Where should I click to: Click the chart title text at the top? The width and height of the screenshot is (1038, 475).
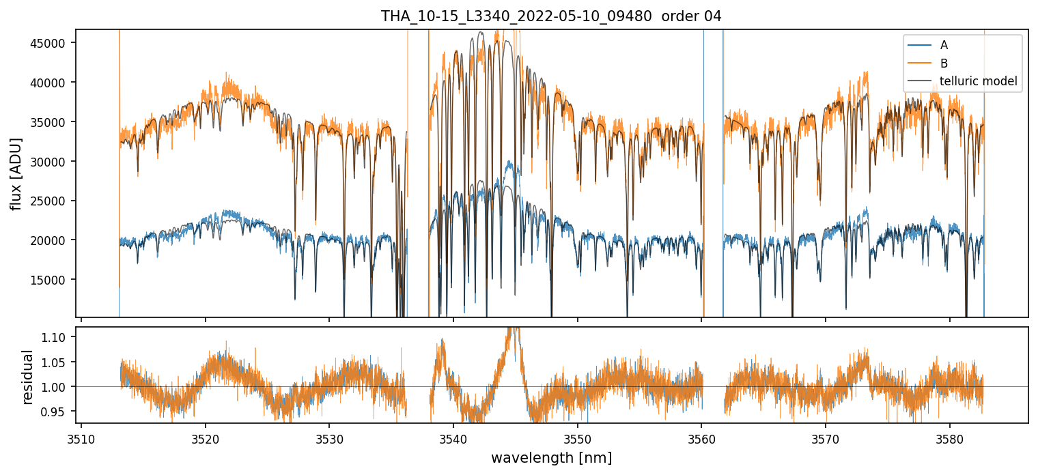click(551, 16)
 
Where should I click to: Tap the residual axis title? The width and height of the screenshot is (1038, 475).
click(28, 377)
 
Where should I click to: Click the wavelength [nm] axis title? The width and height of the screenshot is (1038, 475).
click(551, 457)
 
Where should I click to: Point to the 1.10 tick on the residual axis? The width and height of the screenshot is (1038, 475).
click(57, 338)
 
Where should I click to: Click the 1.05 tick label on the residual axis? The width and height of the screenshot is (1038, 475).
click(57, 362)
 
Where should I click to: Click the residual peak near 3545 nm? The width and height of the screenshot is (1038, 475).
click(514, 330)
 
